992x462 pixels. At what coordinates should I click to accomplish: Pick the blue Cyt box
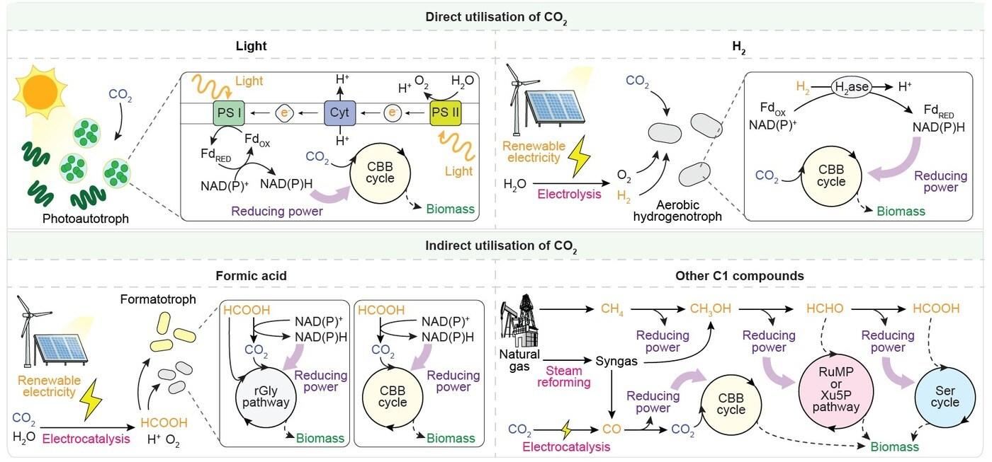[339, 113]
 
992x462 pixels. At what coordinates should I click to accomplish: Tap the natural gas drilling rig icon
[520, 323]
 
